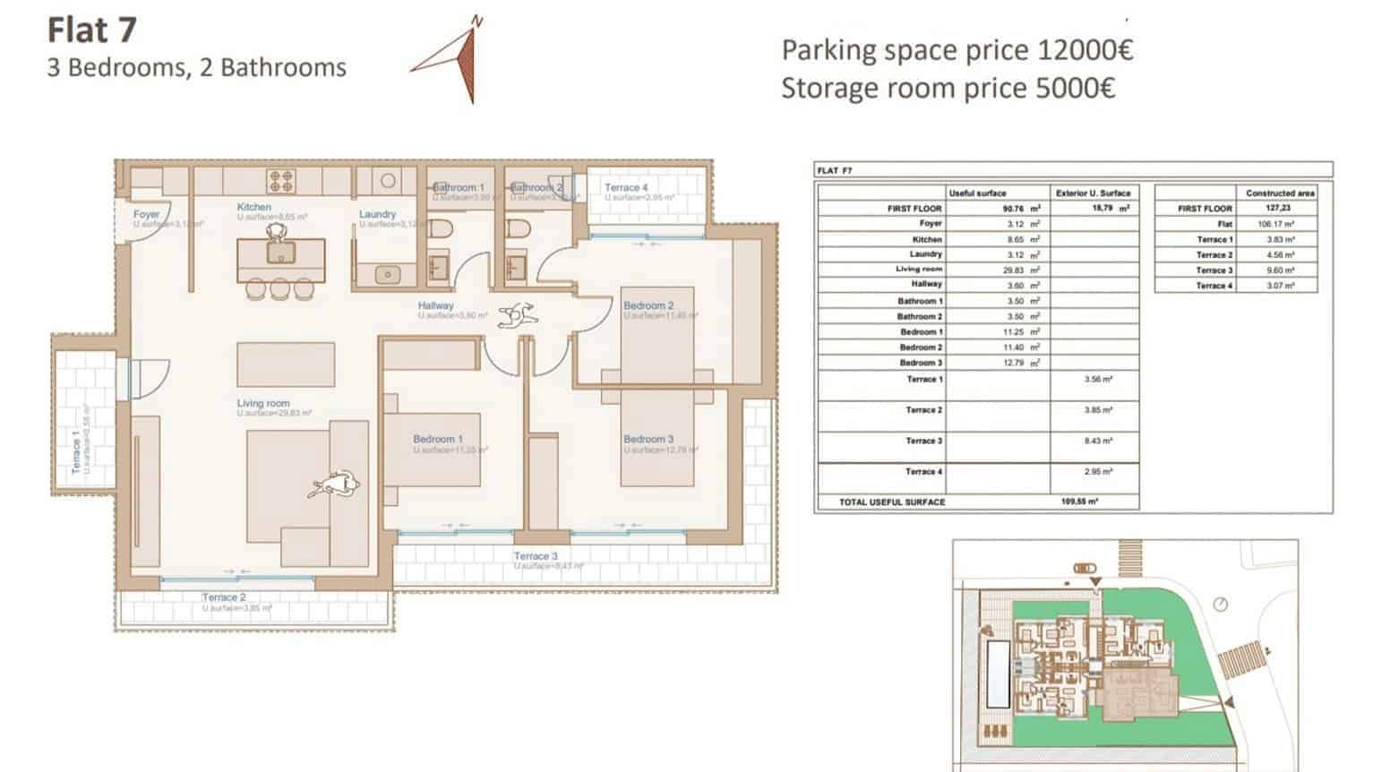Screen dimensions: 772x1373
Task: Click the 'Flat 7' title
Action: click(x=91, y=30)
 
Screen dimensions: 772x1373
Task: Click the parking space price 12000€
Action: click(x=957, y=50)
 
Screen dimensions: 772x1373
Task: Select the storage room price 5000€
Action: click(x=948, y=89)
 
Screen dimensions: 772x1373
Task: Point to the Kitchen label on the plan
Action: click(x=253, y=207)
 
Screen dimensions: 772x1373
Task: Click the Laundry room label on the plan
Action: click(x=377, y=214)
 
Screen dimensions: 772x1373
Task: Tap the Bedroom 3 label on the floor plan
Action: click(x=648, y=439)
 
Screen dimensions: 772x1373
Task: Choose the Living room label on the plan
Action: click(x=263, y=404)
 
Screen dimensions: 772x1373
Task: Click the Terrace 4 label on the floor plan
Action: click(x=626, y=187)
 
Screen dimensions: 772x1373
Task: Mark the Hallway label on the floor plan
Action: click(x=435, y=305)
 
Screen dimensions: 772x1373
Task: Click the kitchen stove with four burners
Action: click(x=281, y=181)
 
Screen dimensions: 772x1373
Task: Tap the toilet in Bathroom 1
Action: click(x=438, y=233)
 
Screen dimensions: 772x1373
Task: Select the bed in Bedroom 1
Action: click(x=433, y=448)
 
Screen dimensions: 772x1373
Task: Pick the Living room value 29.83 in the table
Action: click(x=1014, y=270)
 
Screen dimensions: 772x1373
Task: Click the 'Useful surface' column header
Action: click(x=977, y=193)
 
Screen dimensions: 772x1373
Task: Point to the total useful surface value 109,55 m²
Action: click(x=1079, y=502)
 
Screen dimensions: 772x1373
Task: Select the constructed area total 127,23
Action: click(x=1280, y=208)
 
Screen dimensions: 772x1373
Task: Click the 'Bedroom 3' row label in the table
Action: click(x=921, y=363)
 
